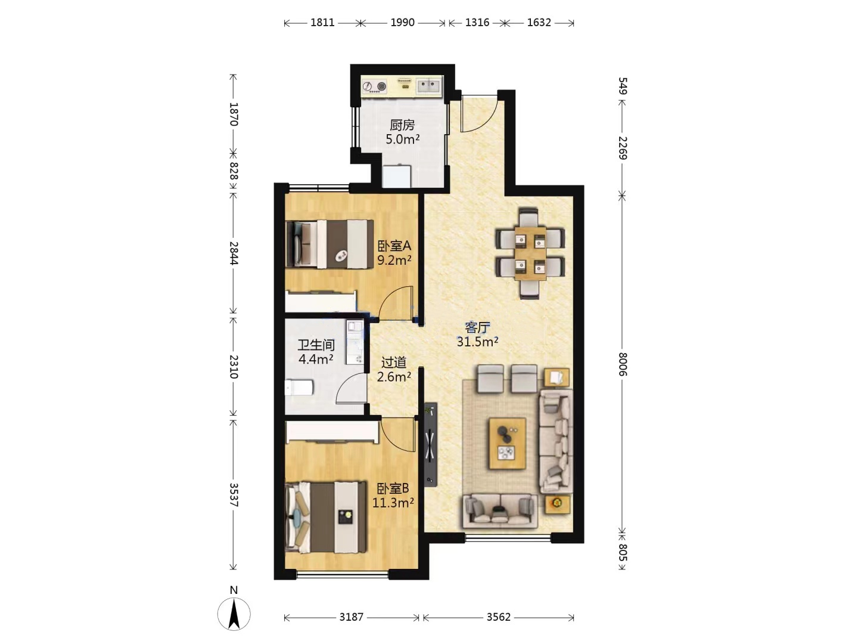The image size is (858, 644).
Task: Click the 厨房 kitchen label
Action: [402, 125]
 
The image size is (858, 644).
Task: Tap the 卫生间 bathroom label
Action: [316, 345]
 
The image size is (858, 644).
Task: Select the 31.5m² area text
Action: [477, 342]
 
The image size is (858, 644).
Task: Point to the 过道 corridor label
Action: [394, 363]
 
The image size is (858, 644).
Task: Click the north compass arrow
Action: [234, 615]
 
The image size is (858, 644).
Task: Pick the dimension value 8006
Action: [622, 364]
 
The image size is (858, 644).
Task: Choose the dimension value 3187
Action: [351, 617]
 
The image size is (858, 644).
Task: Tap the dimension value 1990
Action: [402, 22]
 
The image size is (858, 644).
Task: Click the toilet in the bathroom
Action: [299, 388]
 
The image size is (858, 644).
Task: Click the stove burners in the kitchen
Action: [374, 86]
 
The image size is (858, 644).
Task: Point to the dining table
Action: [530, 253]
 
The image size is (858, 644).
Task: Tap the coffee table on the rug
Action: [508, 443]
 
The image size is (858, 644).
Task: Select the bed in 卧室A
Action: [329, 244]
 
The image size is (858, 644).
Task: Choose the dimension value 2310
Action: [234, 366]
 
